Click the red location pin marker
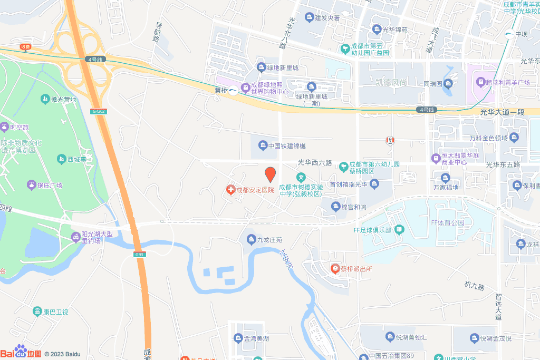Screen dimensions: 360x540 coord(270,174)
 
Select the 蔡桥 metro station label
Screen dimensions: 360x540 coord(221,90)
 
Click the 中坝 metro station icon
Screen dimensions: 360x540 coord(508,34)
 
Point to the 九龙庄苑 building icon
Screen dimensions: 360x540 coord(251,240)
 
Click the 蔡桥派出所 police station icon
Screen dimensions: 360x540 coord(335,269)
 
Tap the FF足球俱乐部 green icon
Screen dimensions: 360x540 coord(399,230)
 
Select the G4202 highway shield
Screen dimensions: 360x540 coord(99,111)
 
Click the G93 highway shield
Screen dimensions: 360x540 coord(139,255)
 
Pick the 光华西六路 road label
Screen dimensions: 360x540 coord(315,163)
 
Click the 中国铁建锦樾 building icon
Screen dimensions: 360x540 coord(262,146)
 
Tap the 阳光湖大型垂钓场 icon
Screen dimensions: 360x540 coord(76,237)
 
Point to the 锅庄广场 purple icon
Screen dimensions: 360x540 coord(31,185)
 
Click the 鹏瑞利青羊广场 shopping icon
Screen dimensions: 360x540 coord(480,82)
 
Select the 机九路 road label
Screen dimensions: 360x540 coord(474,285)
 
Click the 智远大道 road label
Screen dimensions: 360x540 coord(498,306)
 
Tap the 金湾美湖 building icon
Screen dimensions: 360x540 coord(238,338)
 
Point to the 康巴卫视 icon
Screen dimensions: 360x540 coord(37,312)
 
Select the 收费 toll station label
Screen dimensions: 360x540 coord(25,46)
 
